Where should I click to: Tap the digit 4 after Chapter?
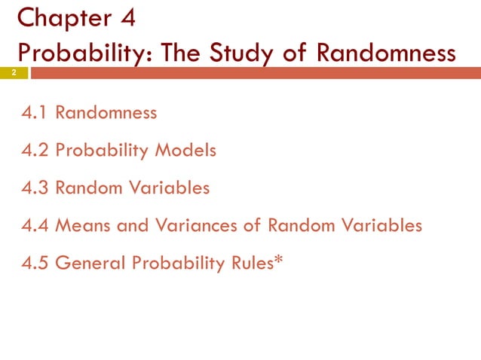125,17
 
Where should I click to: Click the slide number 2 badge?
13,73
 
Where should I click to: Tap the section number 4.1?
35,114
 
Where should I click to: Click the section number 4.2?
35,151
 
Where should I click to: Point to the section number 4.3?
35,188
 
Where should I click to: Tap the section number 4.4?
36,225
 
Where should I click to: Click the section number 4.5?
35,263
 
